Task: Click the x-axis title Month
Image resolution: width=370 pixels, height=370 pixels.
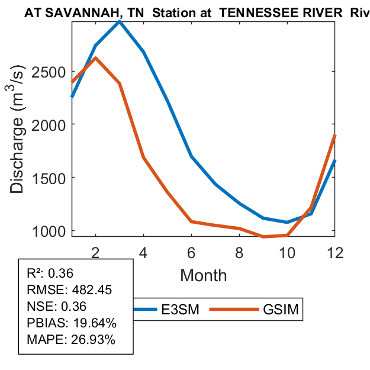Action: tap(203, 275)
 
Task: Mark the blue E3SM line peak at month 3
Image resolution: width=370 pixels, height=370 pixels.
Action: tap(120, 21)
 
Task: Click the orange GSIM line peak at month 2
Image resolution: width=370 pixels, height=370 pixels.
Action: tap(95, 58)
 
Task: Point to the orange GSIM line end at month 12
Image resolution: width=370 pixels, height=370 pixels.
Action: tap(334, 136)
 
